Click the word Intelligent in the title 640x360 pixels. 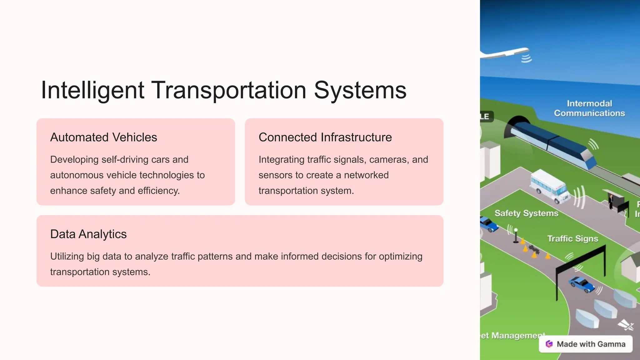(92, 91)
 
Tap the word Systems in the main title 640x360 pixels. (360, 91)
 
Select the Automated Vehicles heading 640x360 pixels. (103, 137)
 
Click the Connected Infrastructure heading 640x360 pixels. (325, 137)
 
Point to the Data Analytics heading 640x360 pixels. (88, 234)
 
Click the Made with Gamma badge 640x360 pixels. (586, 344)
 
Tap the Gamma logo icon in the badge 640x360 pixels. (549, 344)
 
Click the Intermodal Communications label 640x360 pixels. (589, 108)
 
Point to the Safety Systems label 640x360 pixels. (526, 213)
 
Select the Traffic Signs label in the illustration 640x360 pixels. (572, 239)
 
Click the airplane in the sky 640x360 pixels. (506, 53)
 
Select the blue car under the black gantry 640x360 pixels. (582, 284)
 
